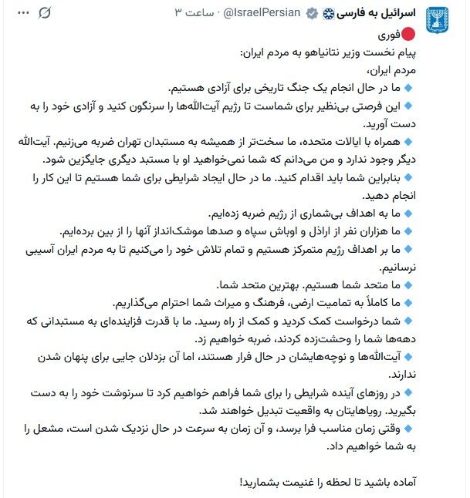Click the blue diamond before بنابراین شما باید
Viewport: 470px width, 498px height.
pos(408,178)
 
